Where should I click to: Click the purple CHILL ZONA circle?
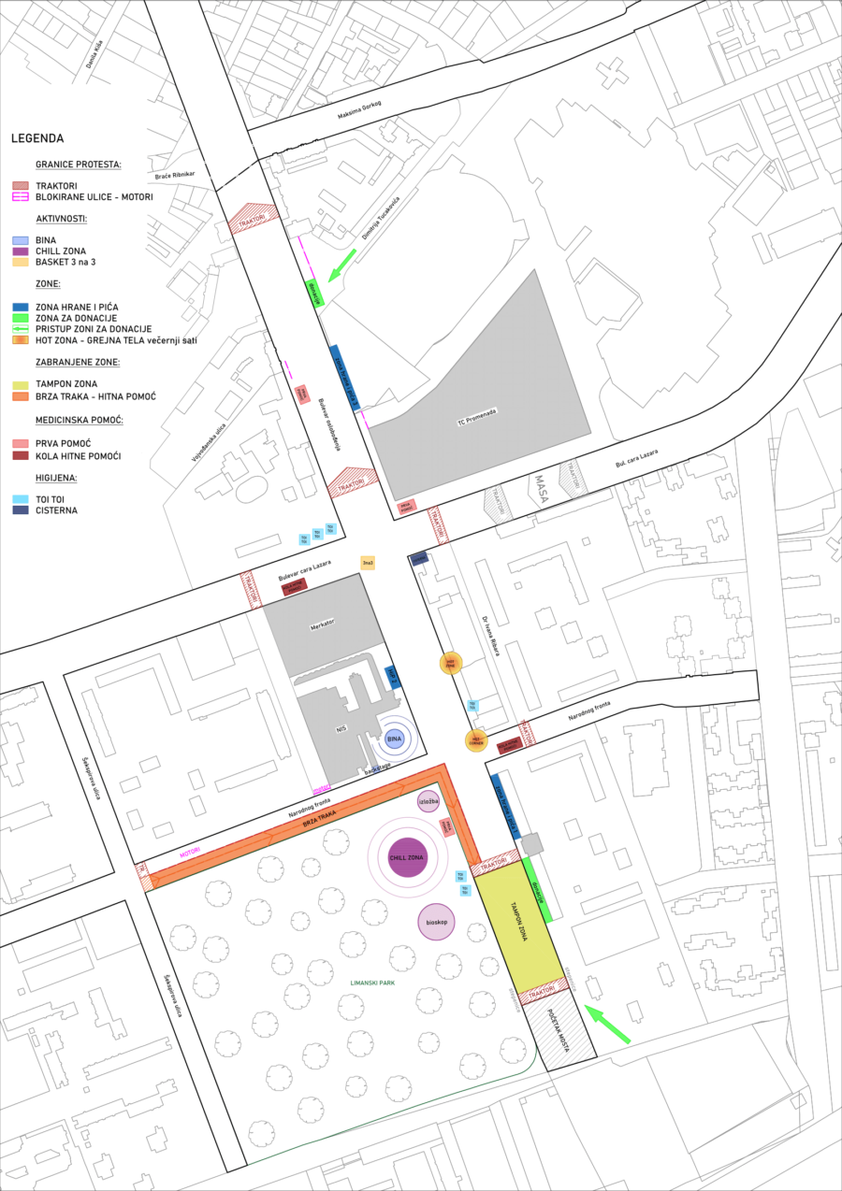click(407, 857)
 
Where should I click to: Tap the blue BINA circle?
click(394, 739)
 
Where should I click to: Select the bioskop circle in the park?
click(436, 922)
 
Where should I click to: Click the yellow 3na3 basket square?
click(368, 563)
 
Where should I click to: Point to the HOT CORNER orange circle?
click(477, 740)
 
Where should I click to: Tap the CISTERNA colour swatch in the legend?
click(21, 509)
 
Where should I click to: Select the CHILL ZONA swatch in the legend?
click(21, 251)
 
